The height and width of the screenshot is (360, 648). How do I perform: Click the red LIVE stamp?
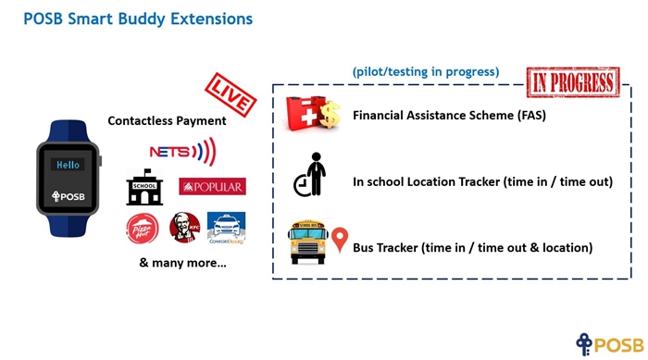(231, 95)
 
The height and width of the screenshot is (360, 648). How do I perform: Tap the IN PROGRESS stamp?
(573, 82)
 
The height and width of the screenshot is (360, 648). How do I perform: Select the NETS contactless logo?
(182, 152)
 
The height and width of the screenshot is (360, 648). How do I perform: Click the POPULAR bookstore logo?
(212, 186)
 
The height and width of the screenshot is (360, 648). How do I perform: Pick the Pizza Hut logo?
(143, 229)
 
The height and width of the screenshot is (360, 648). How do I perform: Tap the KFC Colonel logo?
(185, 228)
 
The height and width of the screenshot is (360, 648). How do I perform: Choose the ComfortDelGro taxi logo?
(226, 229)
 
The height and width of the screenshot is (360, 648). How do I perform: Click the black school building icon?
(144, 187)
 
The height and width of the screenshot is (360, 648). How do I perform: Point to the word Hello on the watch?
(68, 165)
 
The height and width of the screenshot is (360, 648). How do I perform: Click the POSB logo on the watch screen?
(69, 196)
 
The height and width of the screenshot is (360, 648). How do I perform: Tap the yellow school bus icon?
(308, 242)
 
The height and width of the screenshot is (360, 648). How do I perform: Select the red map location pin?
(340, 239)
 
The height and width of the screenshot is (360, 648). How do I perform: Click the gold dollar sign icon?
(330, 115)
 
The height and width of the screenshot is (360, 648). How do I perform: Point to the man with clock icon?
(310, 174)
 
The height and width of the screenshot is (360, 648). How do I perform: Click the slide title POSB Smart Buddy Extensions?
(138, 19)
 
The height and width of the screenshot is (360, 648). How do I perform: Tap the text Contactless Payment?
(167, 120)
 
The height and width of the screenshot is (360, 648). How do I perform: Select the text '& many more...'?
(182, 263)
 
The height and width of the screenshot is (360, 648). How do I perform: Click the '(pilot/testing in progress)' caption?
(426, 72)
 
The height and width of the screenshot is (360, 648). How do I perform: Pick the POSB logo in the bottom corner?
(610, 344)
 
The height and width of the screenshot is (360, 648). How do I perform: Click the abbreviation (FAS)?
(531, 115)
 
